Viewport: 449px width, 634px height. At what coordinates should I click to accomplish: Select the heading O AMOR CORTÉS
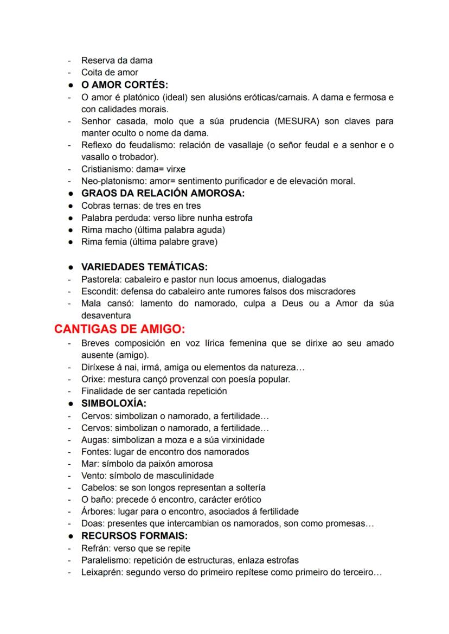point(125,85)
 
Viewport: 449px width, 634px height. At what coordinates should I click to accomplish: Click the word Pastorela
point(101,279)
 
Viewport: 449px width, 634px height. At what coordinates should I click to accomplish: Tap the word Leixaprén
point(101,572)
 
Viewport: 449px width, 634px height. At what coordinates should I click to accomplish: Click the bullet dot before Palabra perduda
point(71,218)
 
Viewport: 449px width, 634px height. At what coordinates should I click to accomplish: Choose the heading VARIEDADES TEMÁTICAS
point(144,267)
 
